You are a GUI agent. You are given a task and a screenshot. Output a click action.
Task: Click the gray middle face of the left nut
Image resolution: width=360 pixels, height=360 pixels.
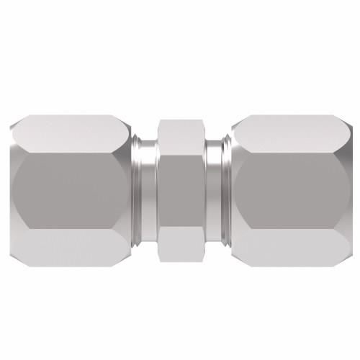point(68,179)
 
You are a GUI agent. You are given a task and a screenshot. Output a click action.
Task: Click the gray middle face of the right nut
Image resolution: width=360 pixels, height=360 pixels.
point(292,179)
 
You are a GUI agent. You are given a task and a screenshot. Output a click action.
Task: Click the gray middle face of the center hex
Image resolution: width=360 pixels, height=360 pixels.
point(180,179)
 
